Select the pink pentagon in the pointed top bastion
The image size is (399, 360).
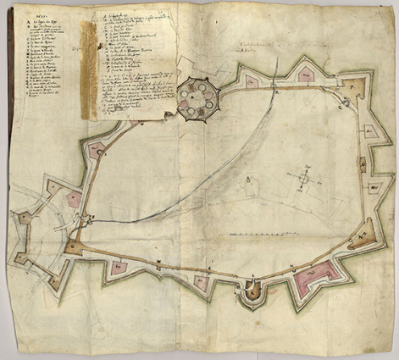(306, 75)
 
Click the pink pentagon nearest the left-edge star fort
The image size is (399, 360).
(74, 200)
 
